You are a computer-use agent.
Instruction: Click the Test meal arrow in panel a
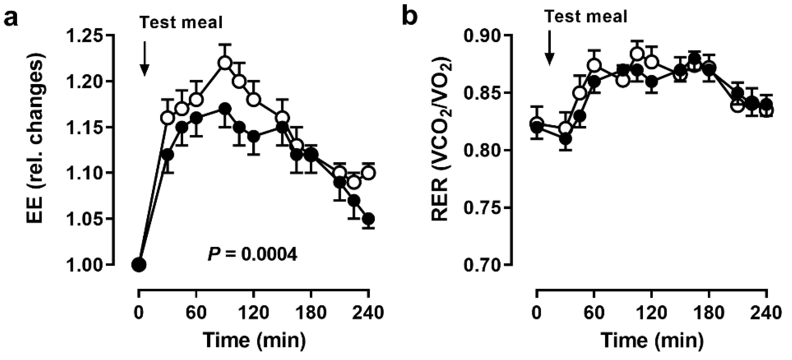pos(144,58)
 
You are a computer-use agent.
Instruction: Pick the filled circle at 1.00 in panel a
pos(139,264)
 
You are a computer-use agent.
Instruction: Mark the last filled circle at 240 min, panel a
pos(368,219)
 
